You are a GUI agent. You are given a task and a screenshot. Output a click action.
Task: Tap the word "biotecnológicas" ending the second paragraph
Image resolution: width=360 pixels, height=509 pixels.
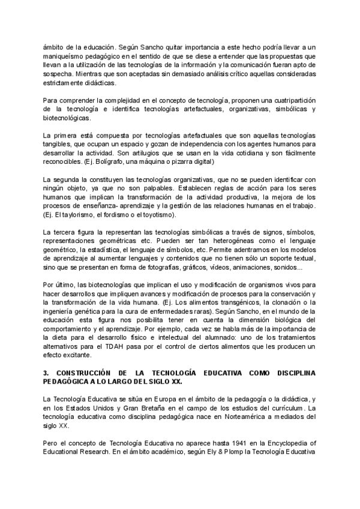coord(68,118)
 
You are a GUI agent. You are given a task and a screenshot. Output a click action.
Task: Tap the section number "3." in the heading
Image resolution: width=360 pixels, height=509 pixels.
coord(46,372)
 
